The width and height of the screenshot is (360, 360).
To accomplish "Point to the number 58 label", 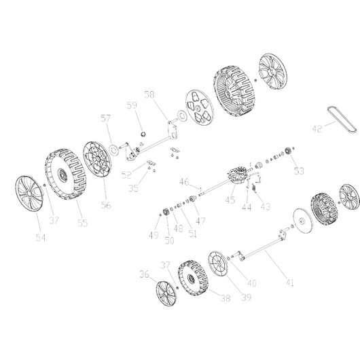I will coord(149,94).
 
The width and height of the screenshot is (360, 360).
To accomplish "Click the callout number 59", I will coord(132,105).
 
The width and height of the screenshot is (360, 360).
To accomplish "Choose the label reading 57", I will coord(106,119).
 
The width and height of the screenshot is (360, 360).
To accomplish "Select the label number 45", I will coord(230,200).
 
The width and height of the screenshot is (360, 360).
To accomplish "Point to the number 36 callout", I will coord(144,275).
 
